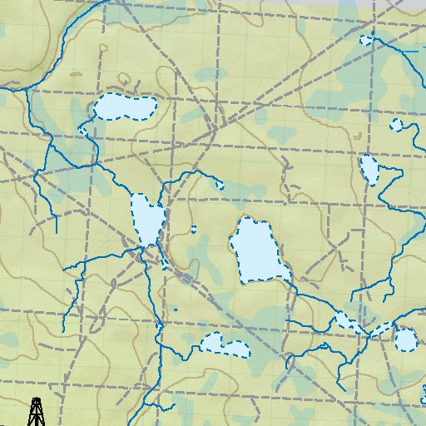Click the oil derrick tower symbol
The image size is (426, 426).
[36, 411]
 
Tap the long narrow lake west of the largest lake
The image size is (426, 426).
[146, 220]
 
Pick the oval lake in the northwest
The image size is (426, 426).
[123, 107]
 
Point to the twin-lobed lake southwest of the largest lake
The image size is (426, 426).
[225, 344]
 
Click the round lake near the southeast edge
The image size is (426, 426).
[405, 340]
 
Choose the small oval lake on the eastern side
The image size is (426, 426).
[369, 169]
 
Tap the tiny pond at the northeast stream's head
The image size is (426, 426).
[365, 39]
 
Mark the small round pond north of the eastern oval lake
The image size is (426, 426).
[395, 125]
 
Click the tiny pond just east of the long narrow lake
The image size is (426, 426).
[193, 229]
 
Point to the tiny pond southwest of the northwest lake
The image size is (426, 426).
[83, 131]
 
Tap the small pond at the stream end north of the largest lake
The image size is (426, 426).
[220, 186]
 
